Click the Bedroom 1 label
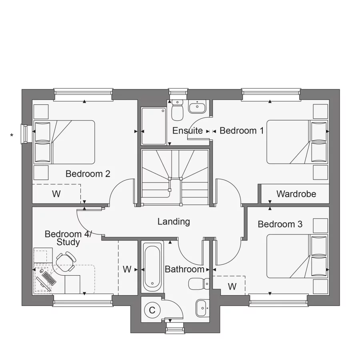coord(242,130)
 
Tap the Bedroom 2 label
coord(88,174)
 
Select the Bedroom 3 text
coord(280,224)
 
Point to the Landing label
coord(174,222)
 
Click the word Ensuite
coord(187,130)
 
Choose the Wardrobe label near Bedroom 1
coord(296,194)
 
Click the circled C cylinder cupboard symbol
coord(152,310)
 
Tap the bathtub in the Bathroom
coord(153,267)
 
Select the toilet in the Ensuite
coord(177,110)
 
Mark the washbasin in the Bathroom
coord(202,308)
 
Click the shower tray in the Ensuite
coord(153,126)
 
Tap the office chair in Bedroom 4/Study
coord(65,261)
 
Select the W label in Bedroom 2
coord(56,194)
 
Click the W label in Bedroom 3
coord(232,286)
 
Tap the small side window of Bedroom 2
coord(24,134)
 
